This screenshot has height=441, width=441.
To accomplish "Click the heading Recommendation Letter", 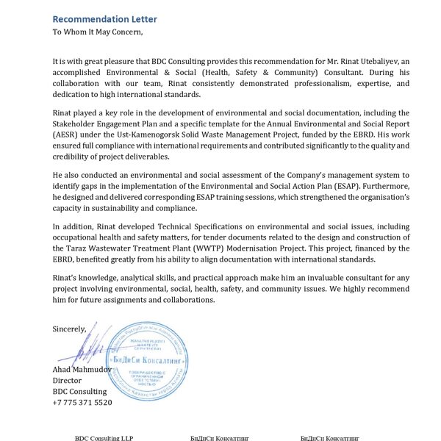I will (x=104, y=18).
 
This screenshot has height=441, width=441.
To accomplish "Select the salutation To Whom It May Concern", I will (x=98, y=32).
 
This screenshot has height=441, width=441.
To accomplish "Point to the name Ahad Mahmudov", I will (x=81, y=369).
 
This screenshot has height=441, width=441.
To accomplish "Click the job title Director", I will (x=67, y=380).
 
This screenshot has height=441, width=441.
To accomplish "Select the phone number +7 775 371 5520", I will (x=82, y=402).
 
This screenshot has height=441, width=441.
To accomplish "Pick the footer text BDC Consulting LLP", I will (x=104, y=437).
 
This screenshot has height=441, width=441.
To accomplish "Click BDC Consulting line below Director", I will (x=79, y=391).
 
